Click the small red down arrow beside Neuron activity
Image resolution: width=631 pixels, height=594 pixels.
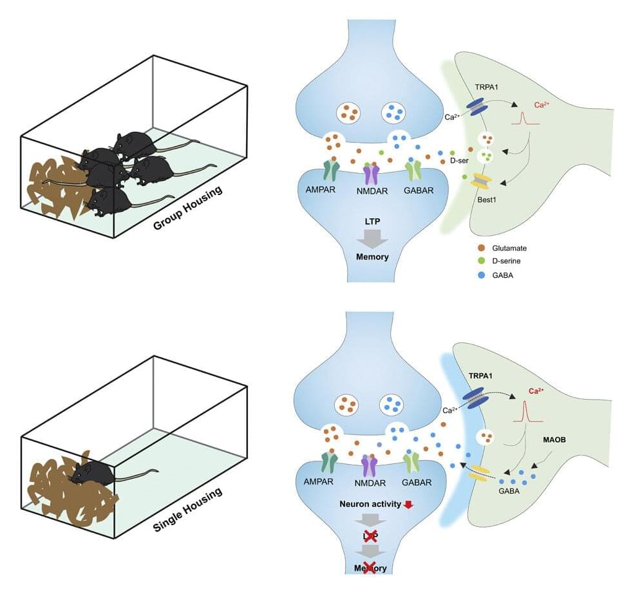pos(407,505)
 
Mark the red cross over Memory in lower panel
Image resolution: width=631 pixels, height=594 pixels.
pos(369,567)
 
